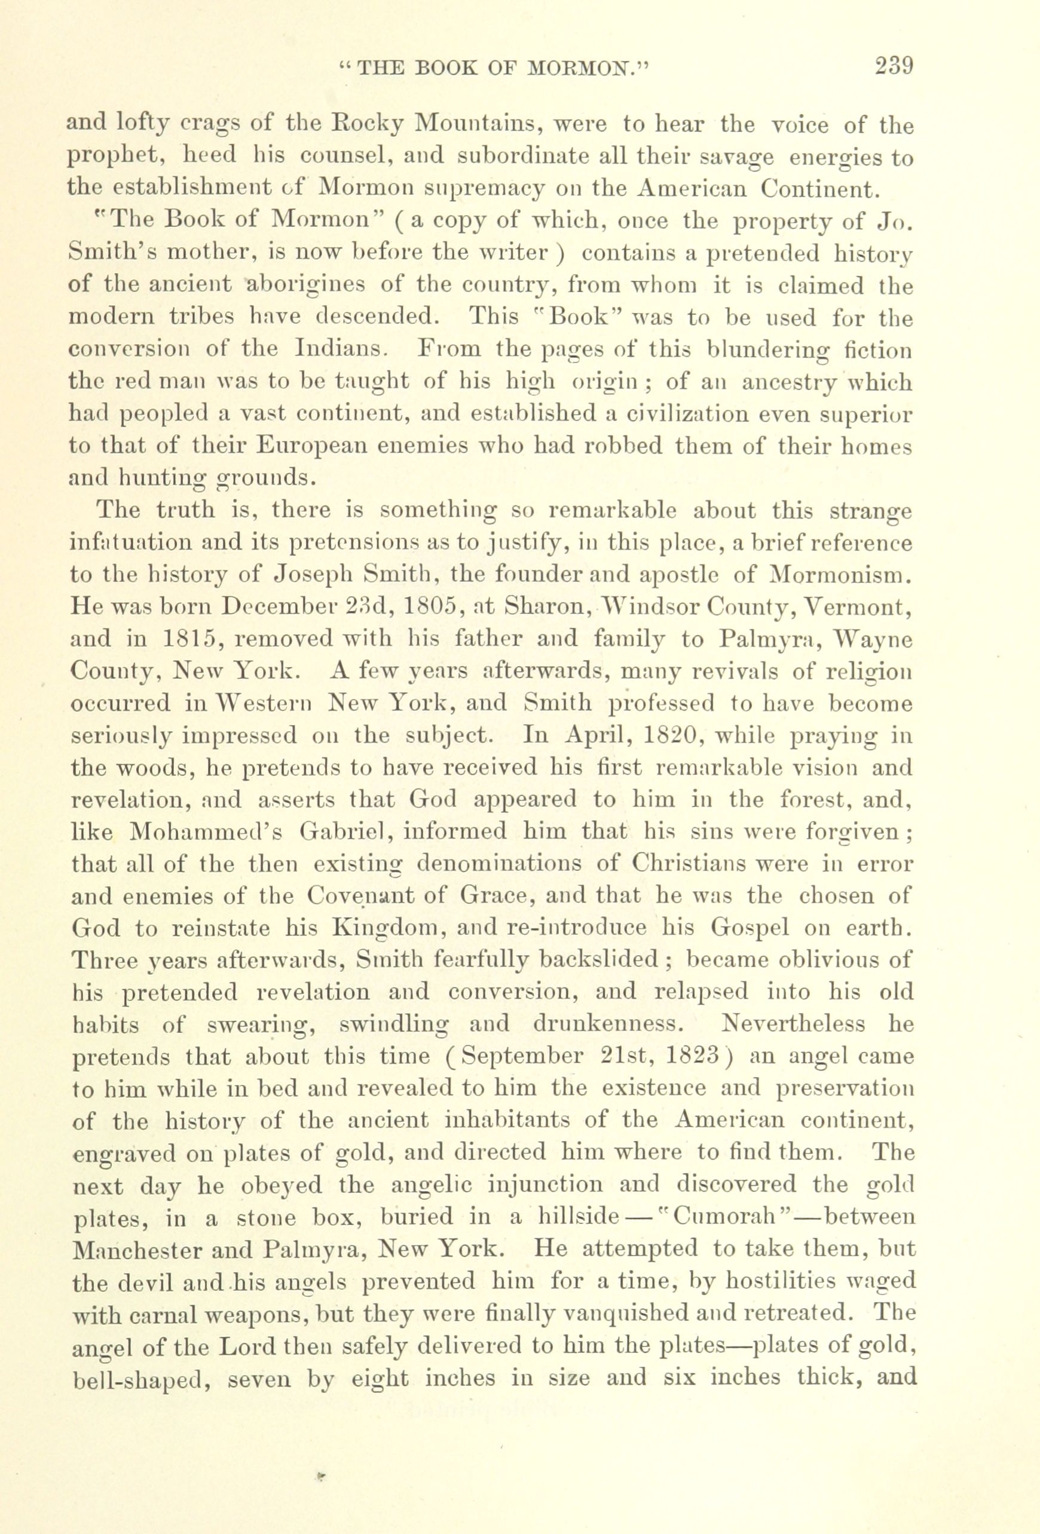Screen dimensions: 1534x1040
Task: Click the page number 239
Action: point(894,66)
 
